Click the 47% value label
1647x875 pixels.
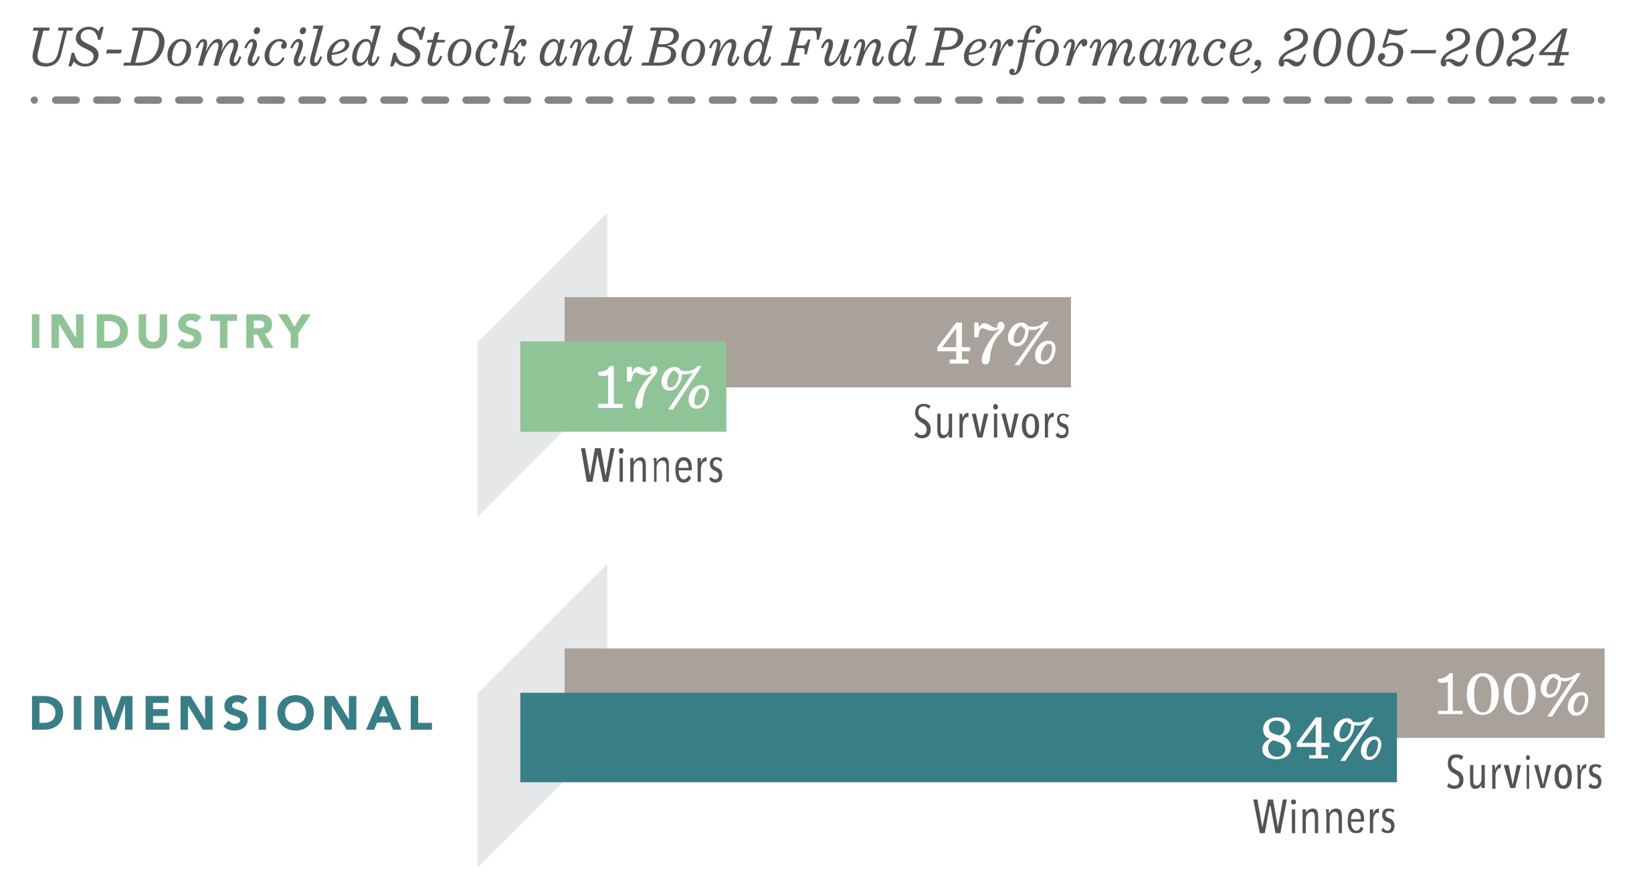click(x=996, y=343)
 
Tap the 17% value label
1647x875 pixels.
click(x=652, y=387)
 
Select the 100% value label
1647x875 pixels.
click(x=1512, y=694)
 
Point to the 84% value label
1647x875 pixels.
click(x=1321, y=739)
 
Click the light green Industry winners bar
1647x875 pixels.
click(x=623, y=387)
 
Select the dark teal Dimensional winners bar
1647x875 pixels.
click(x=958, y=737)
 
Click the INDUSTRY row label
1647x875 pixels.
click(x=171, y=331)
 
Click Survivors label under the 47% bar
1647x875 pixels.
click(x=991, y=422)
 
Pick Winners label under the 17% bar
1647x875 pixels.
click(x=652, y=466)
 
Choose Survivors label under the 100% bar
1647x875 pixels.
click(x=1524, y=773)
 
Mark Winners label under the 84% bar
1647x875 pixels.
click(x=1325, y=817)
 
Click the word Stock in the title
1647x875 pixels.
click(x=459, y=47)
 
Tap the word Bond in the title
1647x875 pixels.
click(x=708, y=47)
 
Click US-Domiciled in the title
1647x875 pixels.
click(x=205, y=47)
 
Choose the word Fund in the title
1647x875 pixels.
click(x=849, y=47)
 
